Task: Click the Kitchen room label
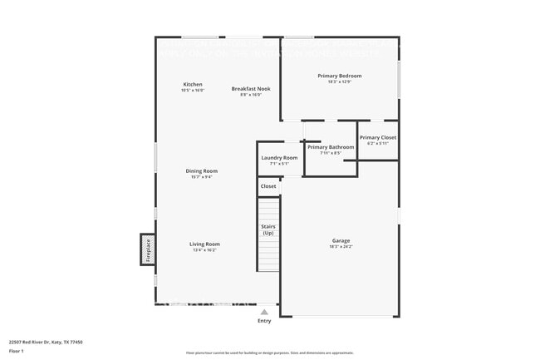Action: [x=193, y=84]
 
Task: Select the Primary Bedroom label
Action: [x=339, y=76]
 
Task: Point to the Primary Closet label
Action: [x=378, y=137]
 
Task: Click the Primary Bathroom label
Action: [x=331, y=147]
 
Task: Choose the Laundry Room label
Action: [x=279, y=157]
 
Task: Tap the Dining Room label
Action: [x=202, y=170]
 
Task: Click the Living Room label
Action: [x=204, y=244]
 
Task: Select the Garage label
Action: [x=341, y=240]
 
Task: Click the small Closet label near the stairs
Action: [x=268, y=186]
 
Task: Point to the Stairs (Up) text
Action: [x=268, y=229]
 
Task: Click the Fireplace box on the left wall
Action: [x=148, y=249]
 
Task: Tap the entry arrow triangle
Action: [x=264, y=312]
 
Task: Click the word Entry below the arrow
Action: [x=264, y=321]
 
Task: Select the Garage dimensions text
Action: [x=341, y=247]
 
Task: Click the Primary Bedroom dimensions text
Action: [x=339, y=81]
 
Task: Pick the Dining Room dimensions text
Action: [x=202, y=176]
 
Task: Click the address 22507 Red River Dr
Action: [x=46, y=342]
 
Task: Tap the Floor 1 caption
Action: [x=17, y=351]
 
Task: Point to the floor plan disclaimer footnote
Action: [x=269, y=353]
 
